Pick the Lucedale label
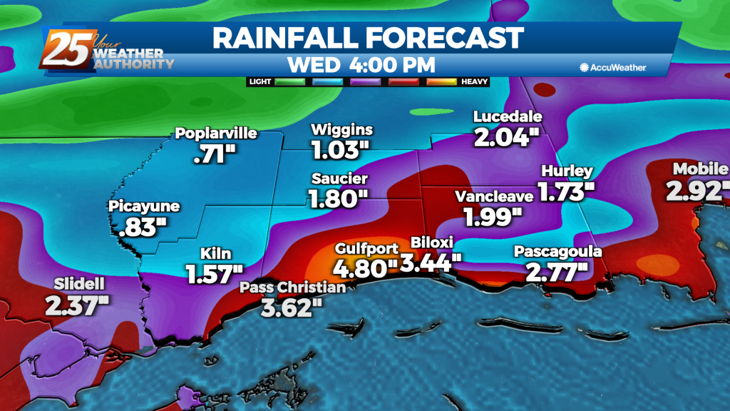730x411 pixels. (508, 116)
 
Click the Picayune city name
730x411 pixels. (144, 206)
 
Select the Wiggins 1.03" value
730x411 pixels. (341, 150)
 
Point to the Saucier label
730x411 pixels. (339, 178)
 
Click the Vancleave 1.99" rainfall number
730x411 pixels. (493, 215)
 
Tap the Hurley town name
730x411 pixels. (567, 171)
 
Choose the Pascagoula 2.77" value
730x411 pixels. (557, 271)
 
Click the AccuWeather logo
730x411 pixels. (612, 67)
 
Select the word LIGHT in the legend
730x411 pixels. (261, 81)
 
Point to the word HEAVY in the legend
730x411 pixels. (473, 81)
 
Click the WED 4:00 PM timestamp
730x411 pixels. (361, 64)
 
